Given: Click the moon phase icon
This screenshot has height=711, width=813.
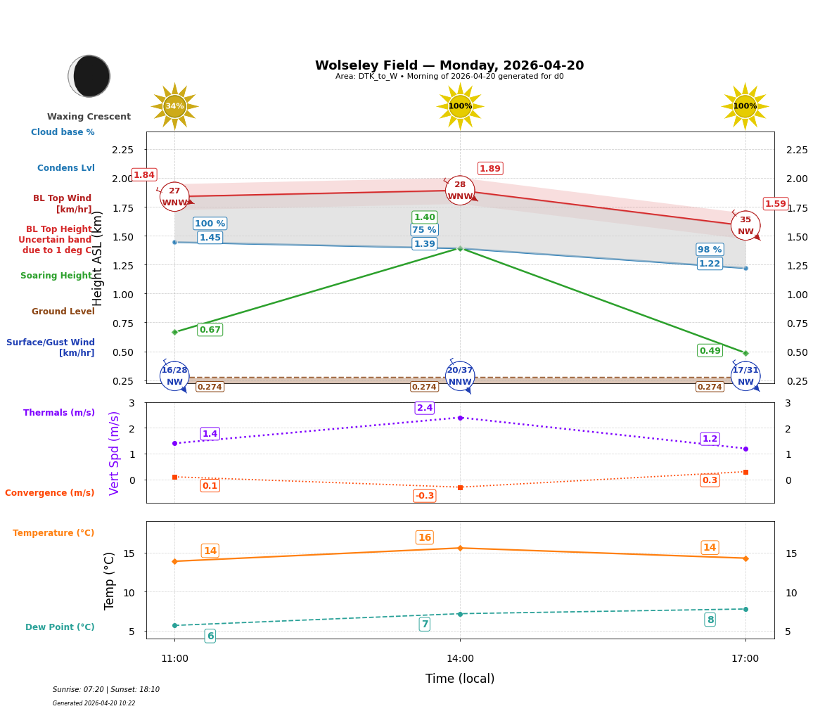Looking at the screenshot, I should tap(89, 76).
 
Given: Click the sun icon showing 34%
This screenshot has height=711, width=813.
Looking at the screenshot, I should tap(174, 106).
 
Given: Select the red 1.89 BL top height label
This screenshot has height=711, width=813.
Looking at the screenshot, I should tap(489, 168).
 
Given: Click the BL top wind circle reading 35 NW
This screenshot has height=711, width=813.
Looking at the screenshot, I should tap(745, 226).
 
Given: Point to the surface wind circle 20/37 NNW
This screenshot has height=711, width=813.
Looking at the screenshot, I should tap(460, 376).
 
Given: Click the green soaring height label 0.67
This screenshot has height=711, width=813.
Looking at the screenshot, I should tap(210, 330).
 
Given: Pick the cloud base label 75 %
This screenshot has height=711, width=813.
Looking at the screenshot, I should tap(424, 230).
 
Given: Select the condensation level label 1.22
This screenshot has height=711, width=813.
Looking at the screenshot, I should tap(709, 264).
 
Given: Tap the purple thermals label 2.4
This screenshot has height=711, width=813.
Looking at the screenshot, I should tap(424, 408).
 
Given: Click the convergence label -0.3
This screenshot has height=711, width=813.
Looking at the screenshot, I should tap(424, 496).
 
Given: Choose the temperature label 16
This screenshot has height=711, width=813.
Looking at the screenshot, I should tap(424, 537).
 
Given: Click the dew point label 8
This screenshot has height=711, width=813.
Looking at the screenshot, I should tap(710, 620).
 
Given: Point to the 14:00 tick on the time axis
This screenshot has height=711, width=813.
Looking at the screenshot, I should tap(460, 658).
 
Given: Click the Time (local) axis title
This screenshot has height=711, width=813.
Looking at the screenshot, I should tap(460, 679).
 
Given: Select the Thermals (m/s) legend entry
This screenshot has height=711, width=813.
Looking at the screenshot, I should tap(59, 413).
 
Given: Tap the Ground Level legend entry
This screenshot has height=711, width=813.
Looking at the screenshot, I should tap(63, 312).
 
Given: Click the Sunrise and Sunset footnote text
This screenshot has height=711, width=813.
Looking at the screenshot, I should tap(106, 689).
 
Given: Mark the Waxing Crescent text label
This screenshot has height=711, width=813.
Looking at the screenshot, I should tap(89, 117).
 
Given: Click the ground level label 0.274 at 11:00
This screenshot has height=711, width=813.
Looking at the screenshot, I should tap(210, 387).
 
